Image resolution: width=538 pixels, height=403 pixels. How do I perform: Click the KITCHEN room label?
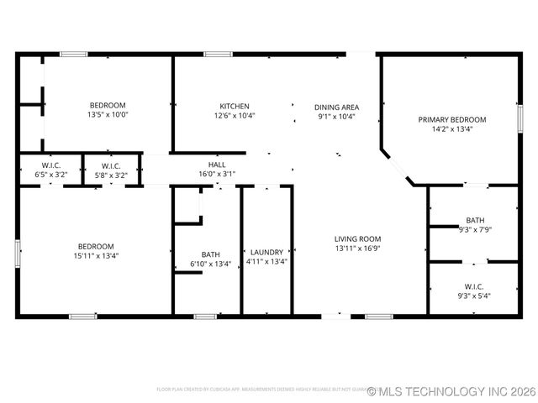(235, 107)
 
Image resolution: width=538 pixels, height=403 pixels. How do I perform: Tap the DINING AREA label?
(336, 107)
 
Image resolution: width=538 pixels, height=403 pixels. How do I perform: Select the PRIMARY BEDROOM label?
(451, 119)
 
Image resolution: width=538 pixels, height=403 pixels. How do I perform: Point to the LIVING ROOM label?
(357, 238)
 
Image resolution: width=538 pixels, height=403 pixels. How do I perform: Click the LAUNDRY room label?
(266, 252)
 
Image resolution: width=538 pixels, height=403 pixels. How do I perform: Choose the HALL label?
(217, 165)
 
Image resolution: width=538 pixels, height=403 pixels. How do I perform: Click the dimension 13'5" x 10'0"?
(108, 115)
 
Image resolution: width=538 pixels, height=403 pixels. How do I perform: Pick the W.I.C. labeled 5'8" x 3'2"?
(108, 175)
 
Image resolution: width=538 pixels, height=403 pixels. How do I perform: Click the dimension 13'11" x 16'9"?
(357, 249)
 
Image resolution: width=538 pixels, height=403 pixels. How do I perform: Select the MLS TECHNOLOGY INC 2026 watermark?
(446, 391)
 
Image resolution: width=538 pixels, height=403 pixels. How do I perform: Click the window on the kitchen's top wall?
(219, 55)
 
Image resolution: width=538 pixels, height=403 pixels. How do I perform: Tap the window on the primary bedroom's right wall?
(520, 120)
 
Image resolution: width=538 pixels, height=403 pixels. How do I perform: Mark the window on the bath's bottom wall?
(205, 317)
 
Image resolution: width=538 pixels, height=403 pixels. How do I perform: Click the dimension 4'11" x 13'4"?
(266, 261)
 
